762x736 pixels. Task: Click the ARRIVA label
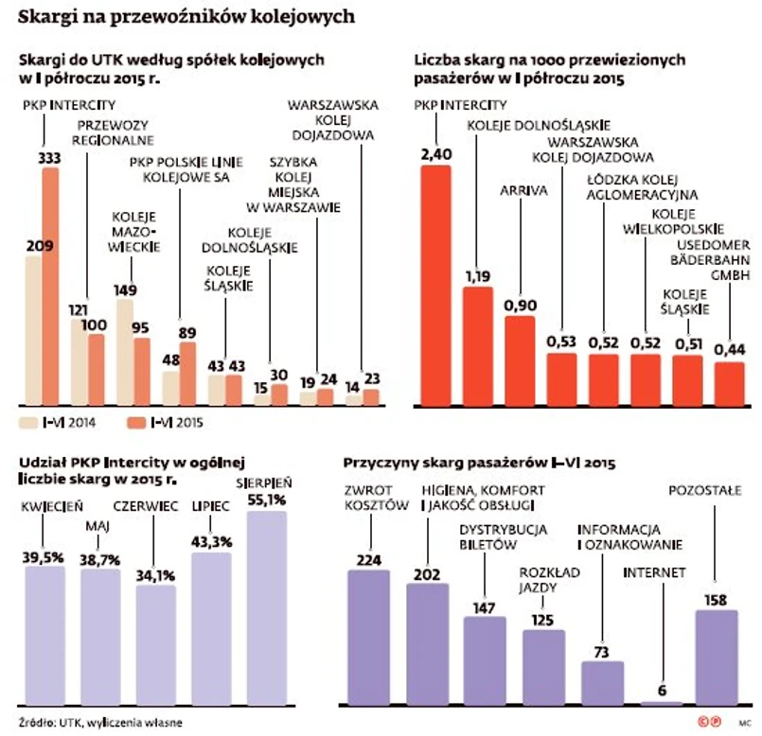[520, 189]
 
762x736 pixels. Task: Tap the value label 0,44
[730, 348]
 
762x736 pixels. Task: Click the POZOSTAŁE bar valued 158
[717, 657]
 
